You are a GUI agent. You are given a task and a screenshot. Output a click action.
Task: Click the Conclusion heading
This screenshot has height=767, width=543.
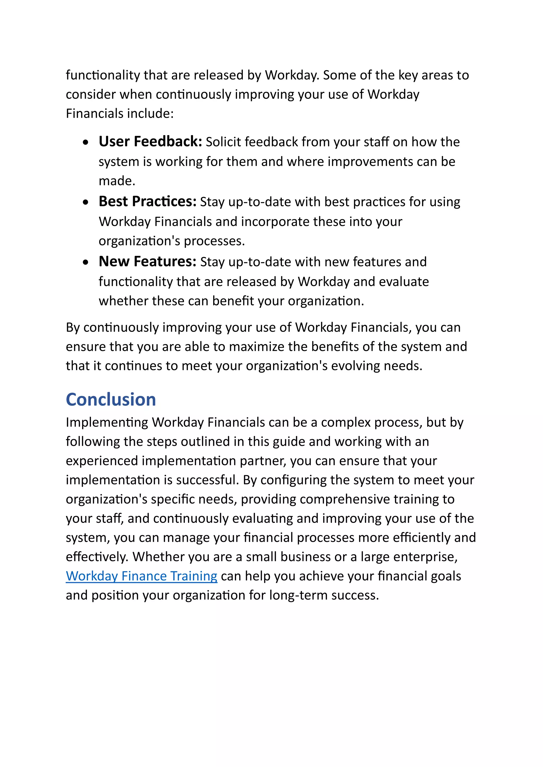(x=111, y=400)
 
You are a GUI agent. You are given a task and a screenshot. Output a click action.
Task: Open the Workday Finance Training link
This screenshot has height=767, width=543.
(x=141, y=576)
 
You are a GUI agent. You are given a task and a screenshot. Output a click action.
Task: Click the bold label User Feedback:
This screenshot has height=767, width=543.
(x=150, y=142)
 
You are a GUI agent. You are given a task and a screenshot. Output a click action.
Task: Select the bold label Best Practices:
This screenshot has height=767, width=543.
(x=147, y=202)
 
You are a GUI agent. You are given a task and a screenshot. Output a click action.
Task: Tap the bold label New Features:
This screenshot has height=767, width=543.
(x=147, y=262)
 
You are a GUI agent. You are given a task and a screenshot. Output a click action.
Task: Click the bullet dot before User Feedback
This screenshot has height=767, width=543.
(x=86, y=143)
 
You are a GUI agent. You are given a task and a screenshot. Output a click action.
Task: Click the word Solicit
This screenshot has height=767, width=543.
(x=223, y=142)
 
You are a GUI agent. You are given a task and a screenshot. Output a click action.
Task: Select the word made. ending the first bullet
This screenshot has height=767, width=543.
(x=117, y=181)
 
